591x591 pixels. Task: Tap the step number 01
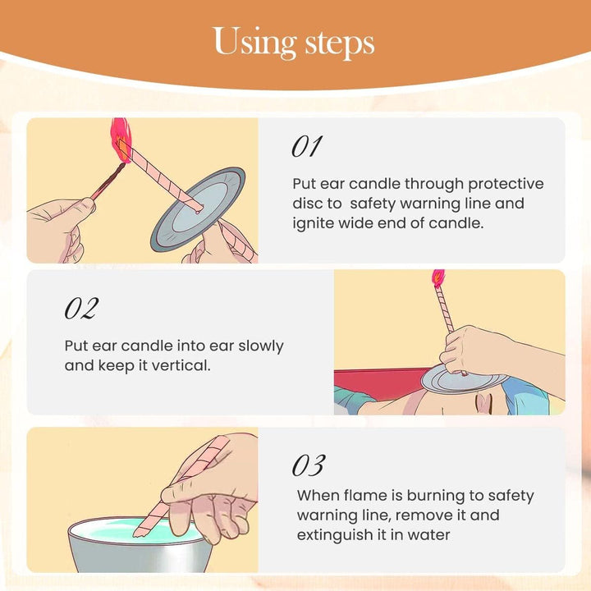[306, 147]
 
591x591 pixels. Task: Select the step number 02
[80, 309]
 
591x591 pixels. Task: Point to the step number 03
[308, 465]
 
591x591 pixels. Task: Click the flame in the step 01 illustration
[121, 140]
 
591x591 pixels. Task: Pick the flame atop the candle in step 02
[438, 278]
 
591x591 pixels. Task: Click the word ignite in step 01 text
[314, 222]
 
